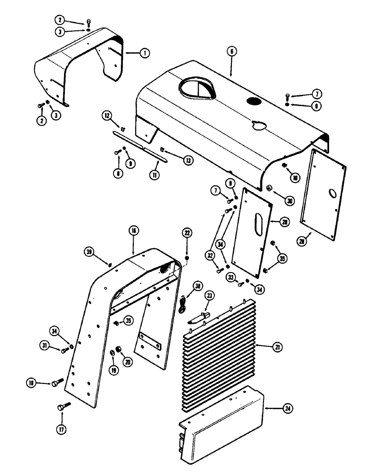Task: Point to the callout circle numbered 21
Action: (276, 348)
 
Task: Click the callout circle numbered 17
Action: (62, 429)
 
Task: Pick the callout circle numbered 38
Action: (197, 286)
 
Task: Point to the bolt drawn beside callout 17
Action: (63, 406)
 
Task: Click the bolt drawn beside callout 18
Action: (57, 381)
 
